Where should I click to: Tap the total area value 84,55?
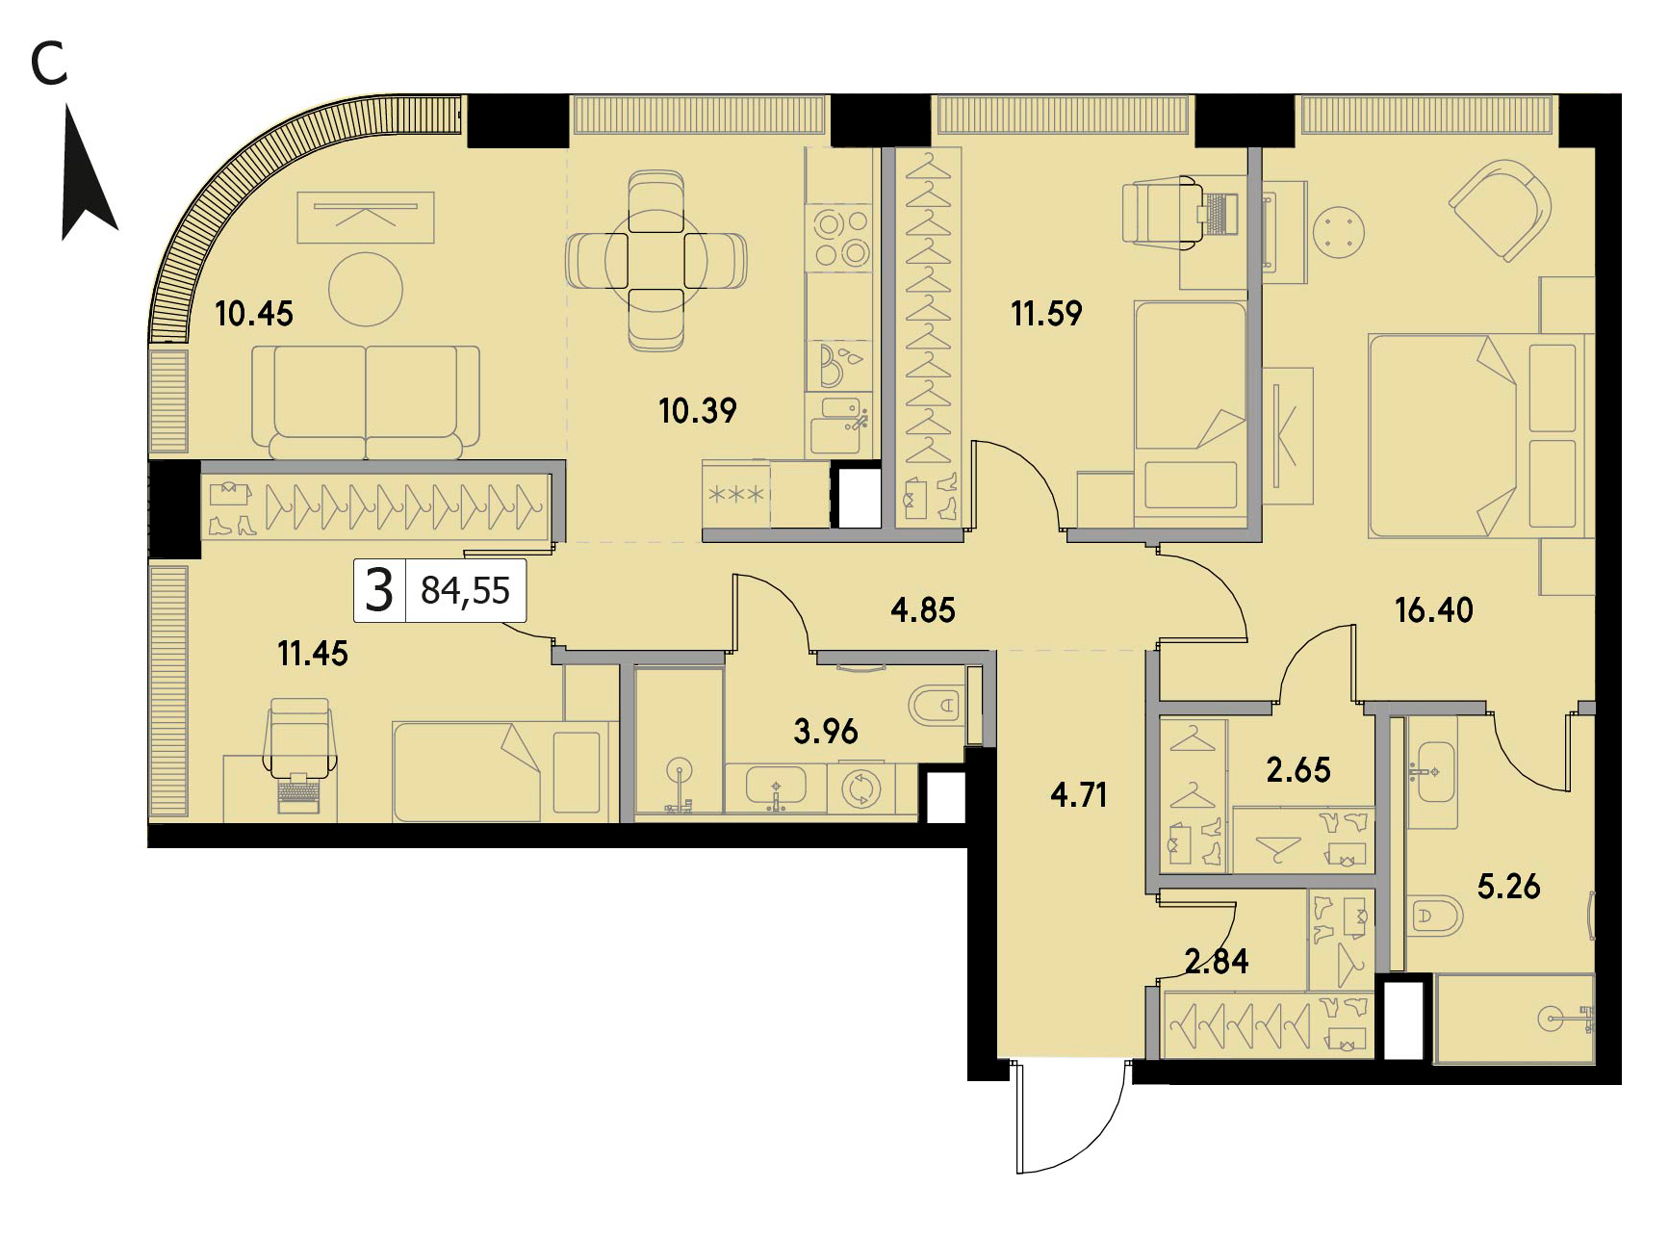point(466,591)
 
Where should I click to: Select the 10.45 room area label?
point(254,314)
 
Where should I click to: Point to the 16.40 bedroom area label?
point(1434,609)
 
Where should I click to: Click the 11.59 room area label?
point(1046,313)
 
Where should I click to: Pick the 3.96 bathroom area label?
point(826,732)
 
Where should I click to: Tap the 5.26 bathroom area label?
point(1509,886)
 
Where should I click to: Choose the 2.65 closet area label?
point(1298,770)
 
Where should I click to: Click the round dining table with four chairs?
point(656,261)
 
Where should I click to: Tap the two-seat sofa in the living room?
point(366,402)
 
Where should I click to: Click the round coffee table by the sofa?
point(366,289)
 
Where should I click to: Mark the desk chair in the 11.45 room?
point(301,739)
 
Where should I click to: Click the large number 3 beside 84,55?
point(379,591)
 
